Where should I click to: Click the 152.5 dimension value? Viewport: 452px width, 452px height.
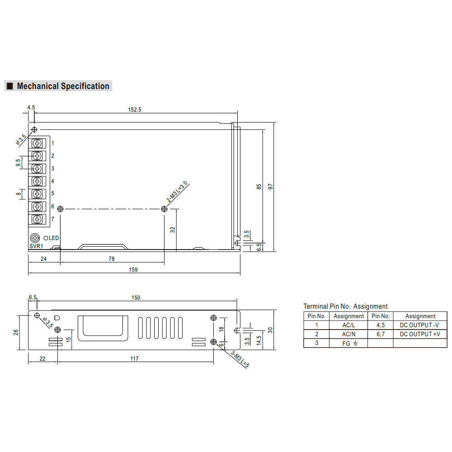135,109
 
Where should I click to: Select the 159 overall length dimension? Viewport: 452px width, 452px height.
133,269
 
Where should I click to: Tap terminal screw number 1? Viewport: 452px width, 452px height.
37,143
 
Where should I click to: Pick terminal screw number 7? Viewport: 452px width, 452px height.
37,219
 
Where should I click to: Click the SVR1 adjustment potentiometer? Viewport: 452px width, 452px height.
35,238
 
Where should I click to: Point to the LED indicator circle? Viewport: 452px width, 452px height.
46,238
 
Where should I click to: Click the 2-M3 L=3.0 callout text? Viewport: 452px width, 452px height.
177,191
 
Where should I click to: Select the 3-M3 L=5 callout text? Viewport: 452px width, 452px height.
240,359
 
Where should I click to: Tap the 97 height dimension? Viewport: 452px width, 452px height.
270,187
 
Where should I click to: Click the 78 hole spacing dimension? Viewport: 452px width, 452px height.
112,259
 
